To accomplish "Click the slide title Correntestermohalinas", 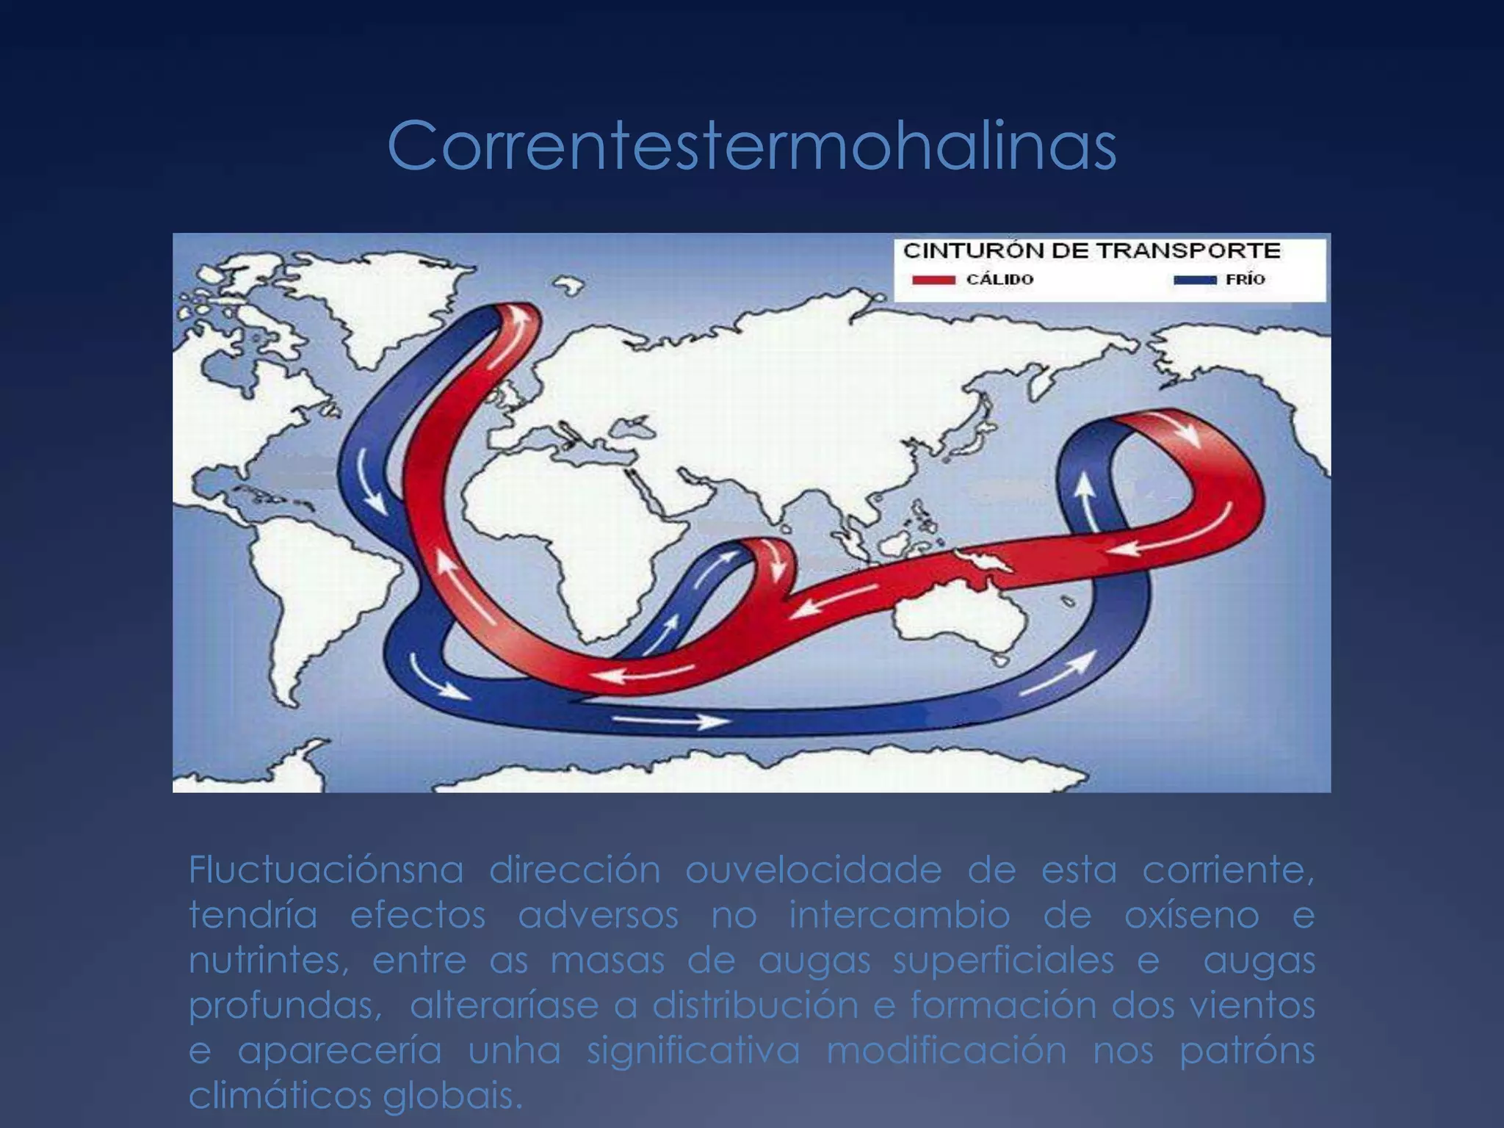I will coord(751,146).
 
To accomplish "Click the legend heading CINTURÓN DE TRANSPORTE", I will coord(1091,250).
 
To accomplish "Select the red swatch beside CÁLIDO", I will coord(933,280).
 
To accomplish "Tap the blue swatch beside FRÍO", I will coord(1194,280).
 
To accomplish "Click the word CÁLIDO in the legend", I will coord(999,280).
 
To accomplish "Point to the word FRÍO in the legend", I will coord(1245,280).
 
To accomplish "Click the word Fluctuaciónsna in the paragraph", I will coord(326,870).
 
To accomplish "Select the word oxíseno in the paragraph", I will coord(1191,916).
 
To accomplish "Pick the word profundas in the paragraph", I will coord(285,1006).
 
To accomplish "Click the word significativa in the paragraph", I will coord(693,1051).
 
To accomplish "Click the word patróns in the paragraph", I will coord(1247,1051).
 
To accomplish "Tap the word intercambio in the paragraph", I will coord(900,916).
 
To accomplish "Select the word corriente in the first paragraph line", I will coord(1228,870).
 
